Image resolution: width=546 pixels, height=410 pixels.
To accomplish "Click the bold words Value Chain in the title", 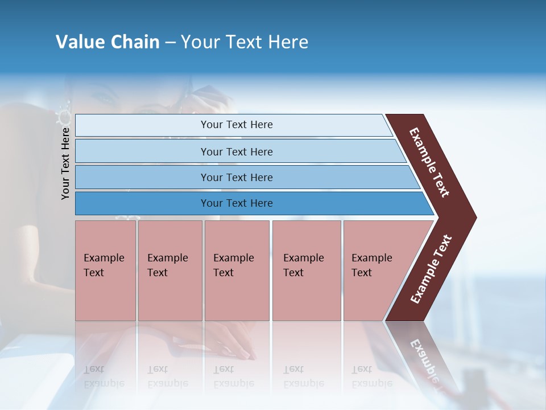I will click(x=107, y=42).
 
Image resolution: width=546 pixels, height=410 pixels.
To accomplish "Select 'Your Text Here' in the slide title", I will click(x=245, y=42).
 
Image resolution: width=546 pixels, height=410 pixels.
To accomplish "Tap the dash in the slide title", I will click(x=170, y=43).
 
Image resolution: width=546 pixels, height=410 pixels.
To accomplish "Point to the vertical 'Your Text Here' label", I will click(x=65, y=163).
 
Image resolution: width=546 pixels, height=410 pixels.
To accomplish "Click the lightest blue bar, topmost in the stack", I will click(x=236, y=125).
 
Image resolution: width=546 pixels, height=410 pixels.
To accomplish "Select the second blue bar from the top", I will click(x=236, y=151).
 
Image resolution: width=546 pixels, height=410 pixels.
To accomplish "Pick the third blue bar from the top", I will click(x=236, y=177).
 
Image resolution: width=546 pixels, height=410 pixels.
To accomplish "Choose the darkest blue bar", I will click(x=236, y=203).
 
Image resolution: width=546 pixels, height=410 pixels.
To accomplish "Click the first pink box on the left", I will click(x=105, y=270).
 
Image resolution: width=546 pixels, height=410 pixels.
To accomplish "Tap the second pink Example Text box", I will click(x=169, y=270).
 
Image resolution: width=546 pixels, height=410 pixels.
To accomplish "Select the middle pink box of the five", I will click(x=237, y=270).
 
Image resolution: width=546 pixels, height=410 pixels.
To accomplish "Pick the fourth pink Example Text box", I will click(x=307, y=270).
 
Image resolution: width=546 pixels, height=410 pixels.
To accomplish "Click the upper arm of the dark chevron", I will click(x=430, y=162).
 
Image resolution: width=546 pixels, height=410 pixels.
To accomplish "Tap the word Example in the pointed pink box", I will click(x=371, y=258).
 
